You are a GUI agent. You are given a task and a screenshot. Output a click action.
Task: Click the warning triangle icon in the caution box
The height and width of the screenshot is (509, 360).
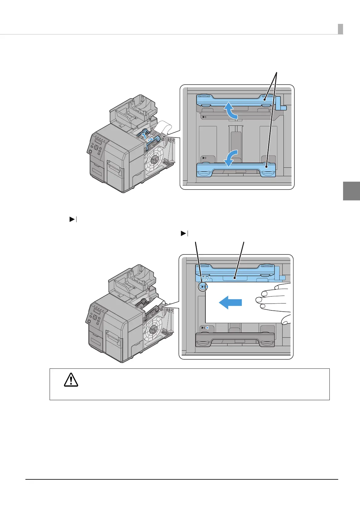pyautogui.click(x=71, y=380)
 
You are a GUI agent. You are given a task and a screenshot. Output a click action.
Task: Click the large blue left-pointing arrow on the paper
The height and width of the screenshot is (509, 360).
pyautogui.click(x=230, y=302)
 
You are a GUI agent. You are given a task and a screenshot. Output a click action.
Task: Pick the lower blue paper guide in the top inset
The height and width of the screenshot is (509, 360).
pyautogui.click(x=236, y=170)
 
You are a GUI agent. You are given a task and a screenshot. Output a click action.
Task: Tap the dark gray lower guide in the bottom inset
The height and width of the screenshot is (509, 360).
pyautogui.click(x=235, y=340)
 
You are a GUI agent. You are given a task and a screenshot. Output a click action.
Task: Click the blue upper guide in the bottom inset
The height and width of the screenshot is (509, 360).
pyautogui.click(x=235, y=271)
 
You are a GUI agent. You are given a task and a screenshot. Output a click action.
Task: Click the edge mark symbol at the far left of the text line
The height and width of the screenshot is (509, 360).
pyautogui.click(x=73, y=219)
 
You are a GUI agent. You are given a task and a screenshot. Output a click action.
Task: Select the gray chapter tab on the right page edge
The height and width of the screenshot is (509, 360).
pyautogui.click(x=352, y=191)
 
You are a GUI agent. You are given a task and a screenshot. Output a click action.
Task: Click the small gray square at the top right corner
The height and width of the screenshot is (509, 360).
pyautogui.click(x=340, y=29)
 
